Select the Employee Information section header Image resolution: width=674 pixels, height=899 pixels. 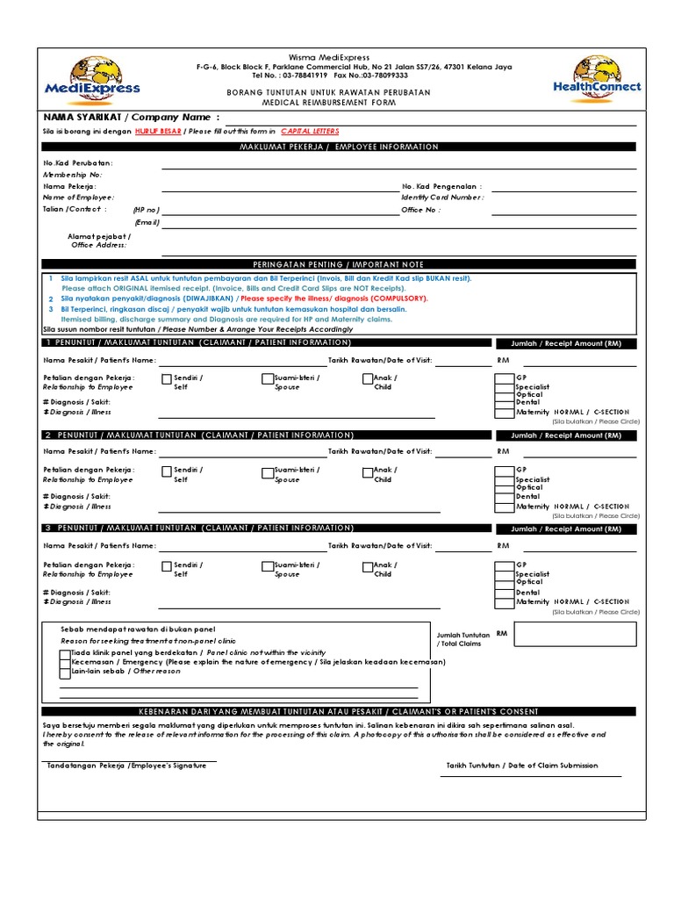[339, 147]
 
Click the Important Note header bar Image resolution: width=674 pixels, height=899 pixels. [339, 264]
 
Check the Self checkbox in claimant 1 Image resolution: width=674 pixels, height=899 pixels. [166, 379]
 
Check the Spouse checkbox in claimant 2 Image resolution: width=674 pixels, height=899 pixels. [267, 471]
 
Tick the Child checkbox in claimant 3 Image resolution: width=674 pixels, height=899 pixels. [368, 566]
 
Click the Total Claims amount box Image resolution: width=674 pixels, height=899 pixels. [575, 634]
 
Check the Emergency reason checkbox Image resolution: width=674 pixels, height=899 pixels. [65, 663]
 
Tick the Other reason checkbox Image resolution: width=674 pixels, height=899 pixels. [65, 672]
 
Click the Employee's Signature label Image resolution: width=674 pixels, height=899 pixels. [127, 766]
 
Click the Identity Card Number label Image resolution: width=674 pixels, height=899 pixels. [442, 198]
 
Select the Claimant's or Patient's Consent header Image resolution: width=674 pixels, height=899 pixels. [339, 711]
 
